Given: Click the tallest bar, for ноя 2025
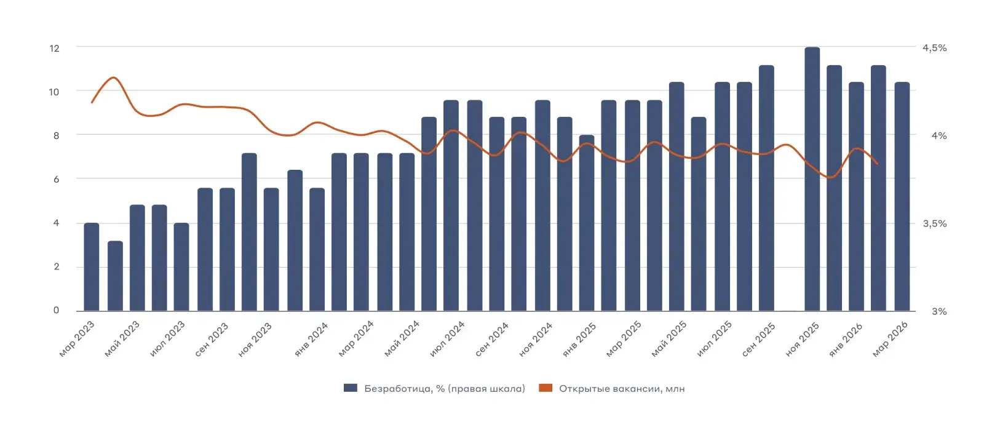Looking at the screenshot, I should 812,178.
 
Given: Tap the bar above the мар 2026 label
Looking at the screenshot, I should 902,197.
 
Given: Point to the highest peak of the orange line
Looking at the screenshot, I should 113,78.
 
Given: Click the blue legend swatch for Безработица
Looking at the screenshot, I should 351,388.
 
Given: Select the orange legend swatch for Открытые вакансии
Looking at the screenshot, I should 545,388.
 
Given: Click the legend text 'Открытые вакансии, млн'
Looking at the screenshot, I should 622,389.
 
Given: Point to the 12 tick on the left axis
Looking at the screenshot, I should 54,48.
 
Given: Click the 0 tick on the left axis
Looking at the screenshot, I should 56,311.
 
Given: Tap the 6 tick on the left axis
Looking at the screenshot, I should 56,179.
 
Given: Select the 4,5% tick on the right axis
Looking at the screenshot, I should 934,48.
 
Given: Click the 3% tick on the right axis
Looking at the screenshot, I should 938,311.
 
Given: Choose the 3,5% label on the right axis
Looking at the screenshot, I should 934,223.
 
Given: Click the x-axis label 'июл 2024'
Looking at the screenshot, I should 447,338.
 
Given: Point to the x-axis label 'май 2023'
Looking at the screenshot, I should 122,339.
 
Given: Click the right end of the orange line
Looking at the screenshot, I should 878,164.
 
